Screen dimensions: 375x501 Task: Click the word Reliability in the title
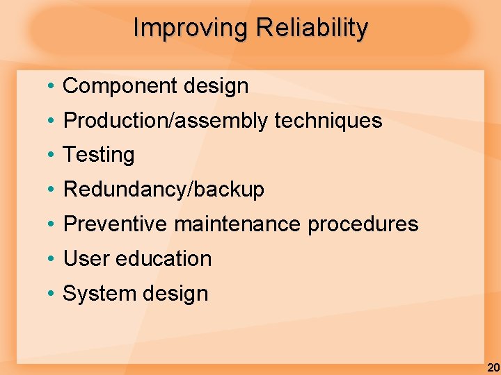click(312, 28)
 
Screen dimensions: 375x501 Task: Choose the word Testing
click(99, 156)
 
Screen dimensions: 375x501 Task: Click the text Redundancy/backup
click(164, 190)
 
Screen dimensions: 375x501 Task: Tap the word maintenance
click(237, 224)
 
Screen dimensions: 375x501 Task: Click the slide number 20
click(493, 367)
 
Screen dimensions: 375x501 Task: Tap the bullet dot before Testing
click(52, 156)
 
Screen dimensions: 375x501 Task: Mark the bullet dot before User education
click(52, 259)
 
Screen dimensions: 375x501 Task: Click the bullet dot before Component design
click(52, 87)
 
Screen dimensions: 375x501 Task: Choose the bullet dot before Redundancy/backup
click(52, 190)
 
